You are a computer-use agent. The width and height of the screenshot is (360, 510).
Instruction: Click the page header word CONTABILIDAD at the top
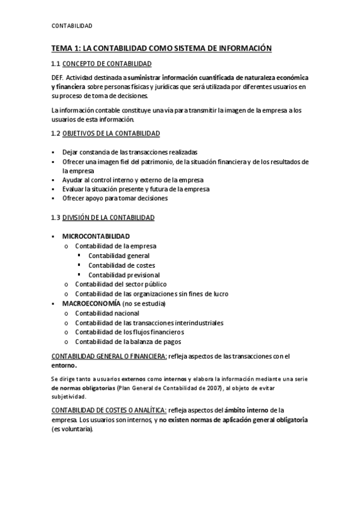click(x=72, y=26)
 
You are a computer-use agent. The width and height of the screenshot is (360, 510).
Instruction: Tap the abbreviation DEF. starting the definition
click(x=58, y=78)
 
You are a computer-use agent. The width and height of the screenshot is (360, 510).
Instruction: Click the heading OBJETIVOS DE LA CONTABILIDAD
click(x=111, y=133)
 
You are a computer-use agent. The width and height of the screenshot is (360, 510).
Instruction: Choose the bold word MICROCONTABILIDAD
click(x=96, y=236)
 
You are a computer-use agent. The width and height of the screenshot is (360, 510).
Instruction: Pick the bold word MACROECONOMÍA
click(x=91, y=303)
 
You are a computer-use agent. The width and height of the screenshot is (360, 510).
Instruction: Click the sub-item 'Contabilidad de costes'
click(x=121, y=265)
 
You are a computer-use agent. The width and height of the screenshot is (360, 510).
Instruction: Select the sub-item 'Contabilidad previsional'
click(x=124, y=275)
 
